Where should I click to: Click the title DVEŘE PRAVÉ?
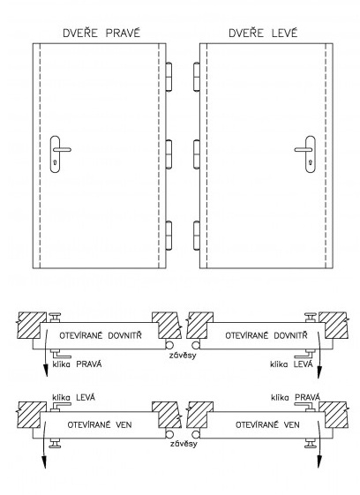point(101,34)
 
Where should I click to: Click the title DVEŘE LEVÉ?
point(263,33)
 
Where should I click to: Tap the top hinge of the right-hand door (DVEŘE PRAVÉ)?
point(169,77)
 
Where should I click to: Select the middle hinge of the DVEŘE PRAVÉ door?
point(169,154)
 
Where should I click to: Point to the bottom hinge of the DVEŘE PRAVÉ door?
point(169,236)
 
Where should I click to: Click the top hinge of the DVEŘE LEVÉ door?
point(197,77)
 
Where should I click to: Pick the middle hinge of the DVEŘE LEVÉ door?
point(197,154)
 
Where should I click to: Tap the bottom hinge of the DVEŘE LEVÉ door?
point(197,236)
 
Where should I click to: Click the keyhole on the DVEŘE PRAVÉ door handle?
point(56,163)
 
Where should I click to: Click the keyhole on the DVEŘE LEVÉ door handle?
point(311,163)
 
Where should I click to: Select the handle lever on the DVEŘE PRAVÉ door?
point(62,149)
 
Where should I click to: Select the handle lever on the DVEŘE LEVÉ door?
point(304,149)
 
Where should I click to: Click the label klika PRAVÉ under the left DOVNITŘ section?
point(77,364)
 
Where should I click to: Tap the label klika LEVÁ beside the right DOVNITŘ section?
point(291,364)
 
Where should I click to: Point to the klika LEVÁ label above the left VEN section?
point(73,397)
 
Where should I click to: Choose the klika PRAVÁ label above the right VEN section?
point(296,397)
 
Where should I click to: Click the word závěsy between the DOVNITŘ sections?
point(183,356)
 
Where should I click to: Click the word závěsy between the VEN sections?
point(184,444)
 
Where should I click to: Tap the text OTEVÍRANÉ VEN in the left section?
point(100,424)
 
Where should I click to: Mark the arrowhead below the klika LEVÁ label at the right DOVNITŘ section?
point(319,371)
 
